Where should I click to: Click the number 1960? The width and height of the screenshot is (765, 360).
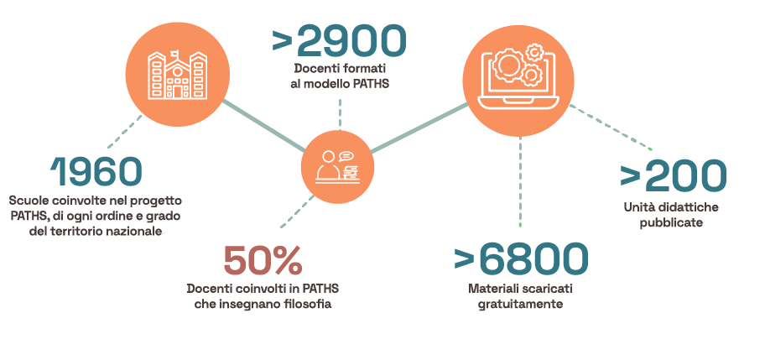pyautogui.click(x=96, y=173)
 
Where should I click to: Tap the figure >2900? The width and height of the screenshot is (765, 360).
pyautogui.click(x=339, y=41)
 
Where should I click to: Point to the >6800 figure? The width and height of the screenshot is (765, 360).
pyautogui.click(x=520, y=260)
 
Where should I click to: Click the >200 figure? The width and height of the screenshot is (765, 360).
pyautogui.click(x=673, y=175)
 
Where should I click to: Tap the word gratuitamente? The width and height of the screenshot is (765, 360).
pyautogui.click(x=520, y=305)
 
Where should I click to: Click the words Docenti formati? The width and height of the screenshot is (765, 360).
pyautogui.click(x=340, y=68)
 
